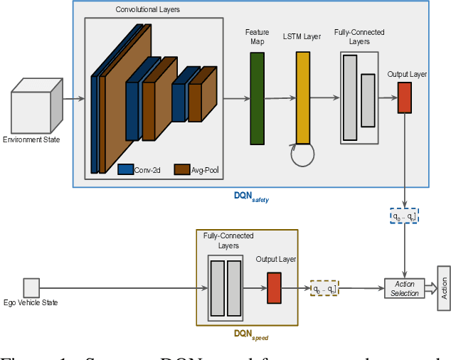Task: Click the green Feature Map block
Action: pyautogui.click(x=256, y=98)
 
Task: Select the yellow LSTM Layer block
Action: pyautogui.click(x=303, y=98)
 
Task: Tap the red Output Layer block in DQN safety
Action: pyautogui.click(x=404, y=97)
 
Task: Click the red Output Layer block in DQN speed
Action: pyautogui.click(x=274, y=288)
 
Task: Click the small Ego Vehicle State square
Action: pyautogui.click(x=31, y=287)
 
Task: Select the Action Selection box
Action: pyautogui.click(x=404, y=289)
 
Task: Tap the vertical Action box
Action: pyautogui.click(x=444, y=288)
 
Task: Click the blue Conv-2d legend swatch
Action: pyautogui.click(x=126, y=169)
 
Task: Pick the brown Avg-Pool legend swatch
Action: pyautogui.click(x=181, y=169)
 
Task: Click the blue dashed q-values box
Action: pyautogui.click(x=404, y=215)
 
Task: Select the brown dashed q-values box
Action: pyautogui.click(x=324, y=288)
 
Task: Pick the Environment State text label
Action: pyautogui.click(x=31, y=139)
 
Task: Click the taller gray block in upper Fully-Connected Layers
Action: pyautogui.click(x=349, y=97)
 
